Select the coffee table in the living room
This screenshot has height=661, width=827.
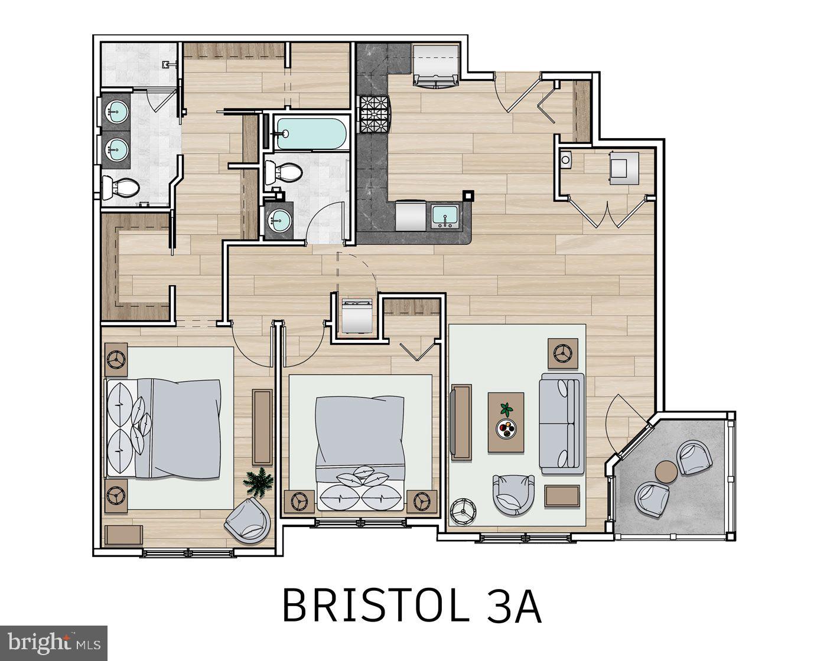[x=506, y=422]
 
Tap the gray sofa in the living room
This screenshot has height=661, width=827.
[x=561, y=423]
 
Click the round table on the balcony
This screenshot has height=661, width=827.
[x=667, y=472]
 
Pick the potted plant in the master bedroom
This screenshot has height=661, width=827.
[x=259, y=480]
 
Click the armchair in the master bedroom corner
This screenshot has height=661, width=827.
[x=248, y=521]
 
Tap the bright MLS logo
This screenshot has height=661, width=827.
[x=53, y=642]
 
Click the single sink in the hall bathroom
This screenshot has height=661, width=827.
[x=278, y=221]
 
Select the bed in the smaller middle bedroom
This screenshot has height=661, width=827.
[x=360, y=451]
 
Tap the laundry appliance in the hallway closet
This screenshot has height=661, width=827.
[x=357, y=316]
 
